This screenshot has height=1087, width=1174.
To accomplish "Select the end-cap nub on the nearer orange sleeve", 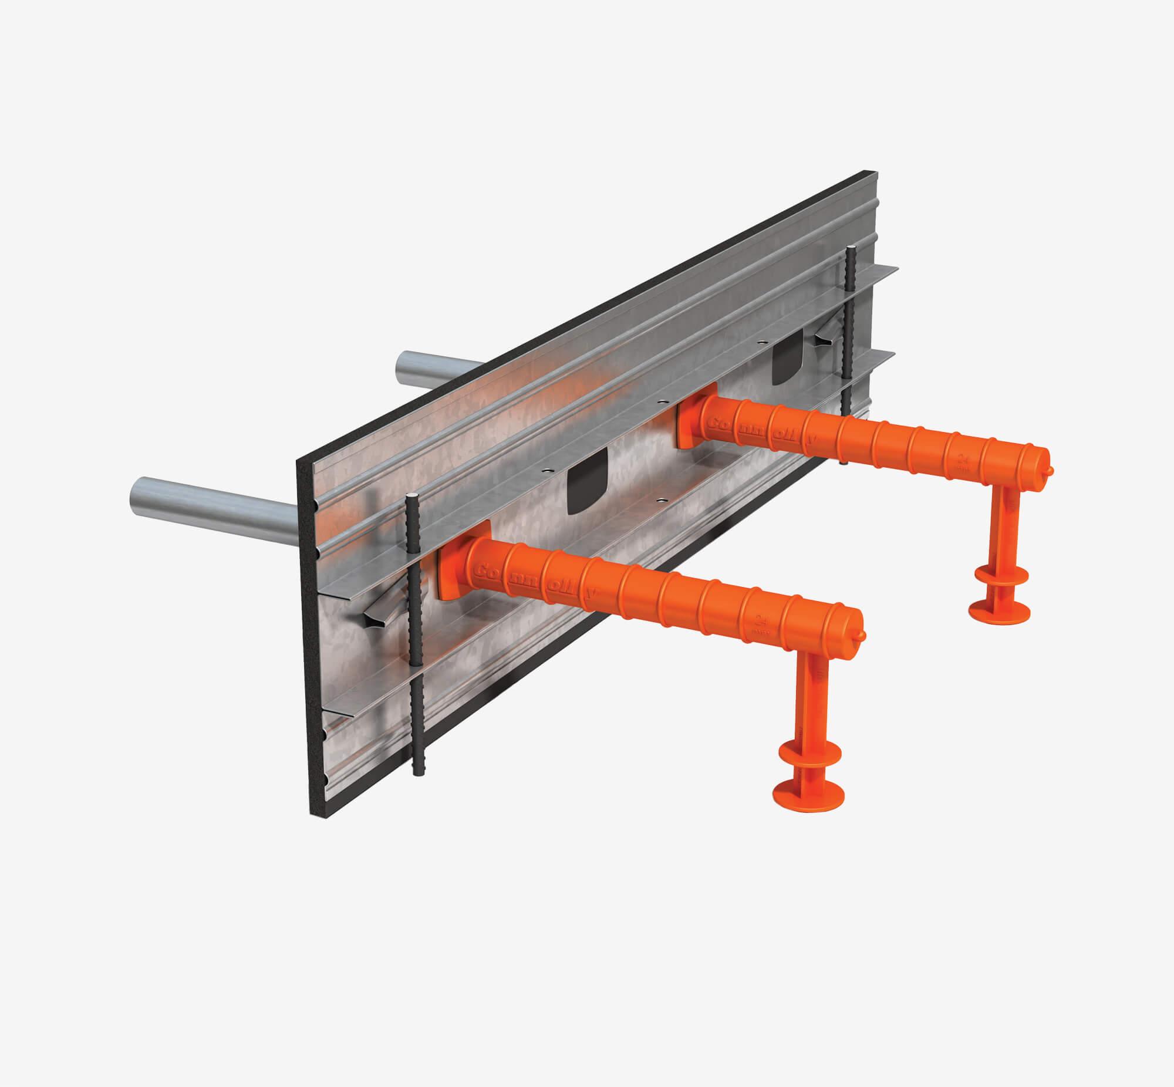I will click(x=862, y=636).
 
